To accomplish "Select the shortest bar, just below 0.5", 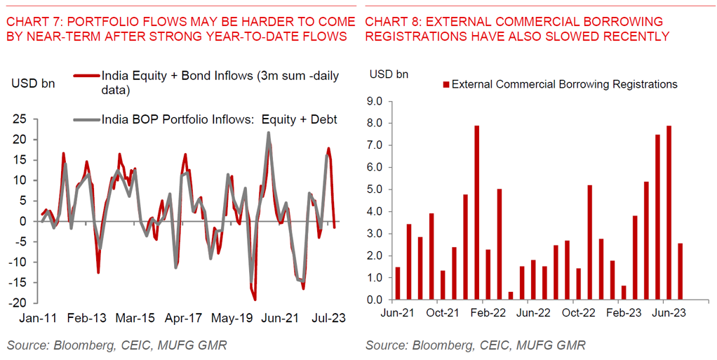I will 511,295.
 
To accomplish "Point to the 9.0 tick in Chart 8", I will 375,102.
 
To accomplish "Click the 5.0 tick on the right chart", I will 375,189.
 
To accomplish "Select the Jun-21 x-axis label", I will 397,314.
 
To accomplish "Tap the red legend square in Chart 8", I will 445,85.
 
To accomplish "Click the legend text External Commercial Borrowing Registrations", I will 564,84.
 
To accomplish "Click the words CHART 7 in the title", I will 34,22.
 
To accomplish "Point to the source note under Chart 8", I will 475,345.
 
